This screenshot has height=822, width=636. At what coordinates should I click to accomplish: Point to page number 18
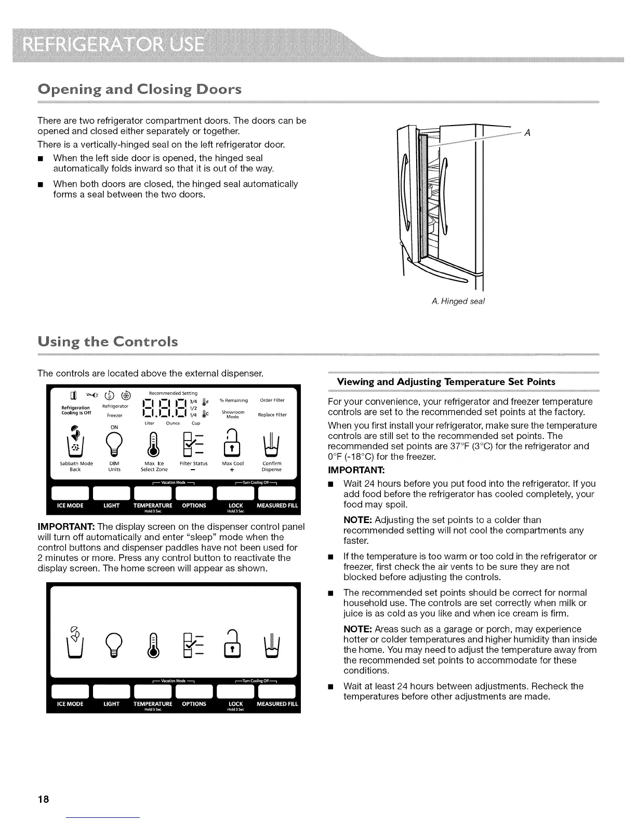tap(43, 800)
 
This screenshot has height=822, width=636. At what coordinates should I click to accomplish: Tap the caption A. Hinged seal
tap(458, 301)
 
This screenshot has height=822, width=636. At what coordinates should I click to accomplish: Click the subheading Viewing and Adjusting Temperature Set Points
tap(446, 382)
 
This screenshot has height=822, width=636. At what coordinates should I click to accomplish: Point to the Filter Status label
tap(193, 463)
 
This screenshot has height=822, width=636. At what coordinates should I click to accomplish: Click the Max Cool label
tap(233, 463)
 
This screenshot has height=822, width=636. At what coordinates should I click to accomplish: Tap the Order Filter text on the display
tap(272, 400)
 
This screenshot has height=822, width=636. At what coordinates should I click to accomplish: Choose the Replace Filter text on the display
tap(272, 415)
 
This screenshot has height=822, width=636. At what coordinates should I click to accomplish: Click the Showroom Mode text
tap(233, 414)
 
